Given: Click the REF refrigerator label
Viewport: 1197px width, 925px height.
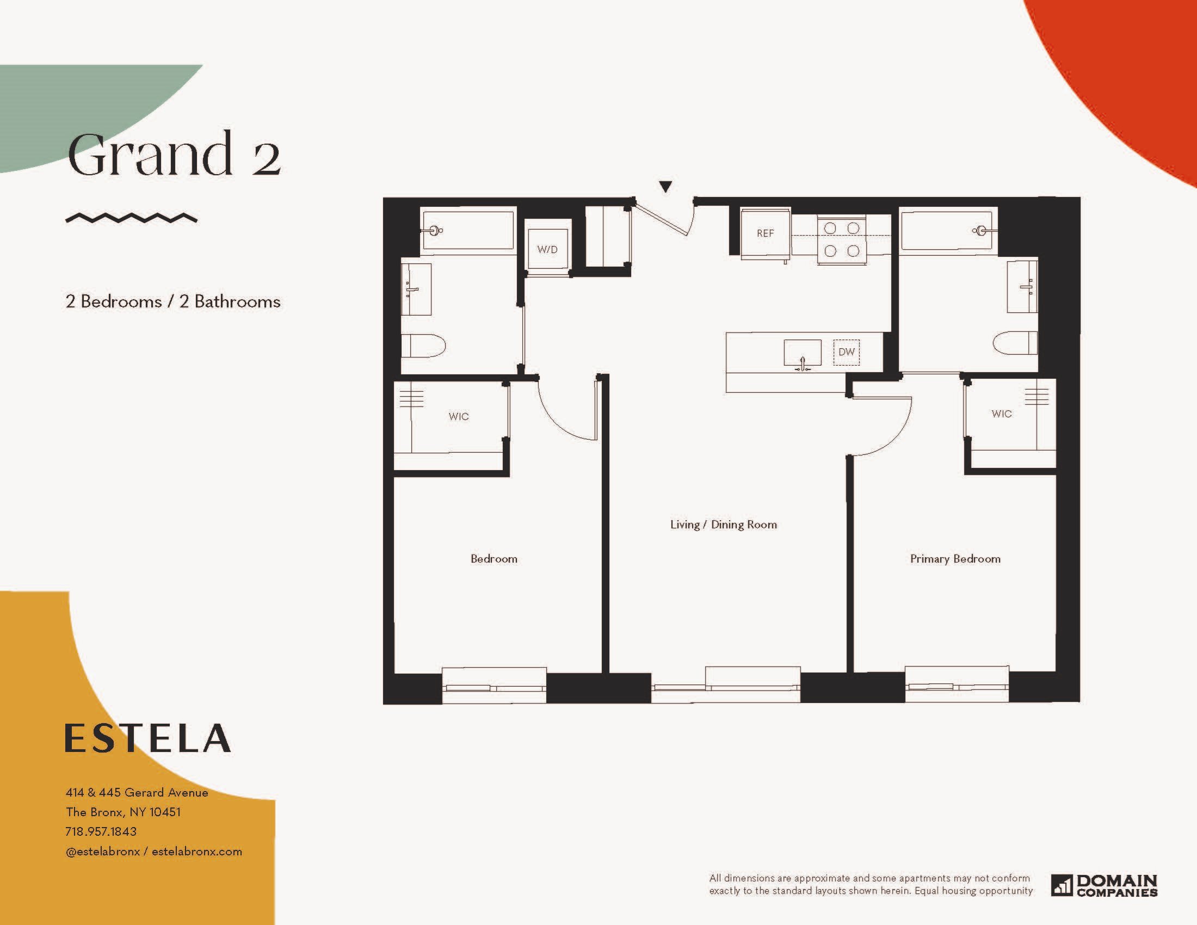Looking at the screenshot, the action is point(765,233).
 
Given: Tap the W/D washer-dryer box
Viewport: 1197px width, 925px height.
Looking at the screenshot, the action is point(547,249).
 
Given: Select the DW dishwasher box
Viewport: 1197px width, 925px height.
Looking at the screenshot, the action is point(846,352).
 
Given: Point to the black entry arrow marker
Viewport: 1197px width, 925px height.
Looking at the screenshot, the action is point(665,187).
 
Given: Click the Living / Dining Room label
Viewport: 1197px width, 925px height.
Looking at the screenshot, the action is point(724,525).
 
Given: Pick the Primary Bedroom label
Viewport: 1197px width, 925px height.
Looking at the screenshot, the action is point(955,559).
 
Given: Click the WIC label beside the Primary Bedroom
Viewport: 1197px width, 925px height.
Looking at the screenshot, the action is point(1001,414).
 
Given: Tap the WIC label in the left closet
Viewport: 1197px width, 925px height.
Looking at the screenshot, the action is point(459,416).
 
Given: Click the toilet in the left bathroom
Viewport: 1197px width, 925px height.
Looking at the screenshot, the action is point(423,346).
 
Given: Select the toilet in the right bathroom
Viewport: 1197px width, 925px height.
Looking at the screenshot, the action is point(1015,343).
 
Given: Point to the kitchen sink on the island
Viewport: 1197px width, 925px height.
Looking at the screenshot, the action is point(803,354).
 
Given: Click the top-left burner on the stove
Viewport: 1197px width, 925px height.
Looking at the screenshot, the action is point(830,228).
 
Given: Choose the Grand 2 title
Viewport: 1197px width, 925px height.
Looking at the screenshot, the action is point(174,154).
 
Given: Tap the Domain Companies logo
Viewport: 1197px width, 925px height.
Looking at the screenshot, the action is point(1104,885).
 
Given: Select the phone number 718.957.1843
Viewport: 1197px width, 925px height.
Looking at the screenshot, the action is point(101,831).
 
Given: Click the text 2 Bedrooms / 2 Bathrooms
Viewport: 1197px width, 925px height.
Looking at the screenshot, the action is point(173,301).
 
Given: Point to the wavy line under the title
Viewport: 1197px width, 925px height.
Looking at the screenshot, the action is point(131,218).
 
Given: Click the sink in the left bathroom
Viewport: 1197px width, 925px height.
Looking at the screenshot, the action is point(416,289).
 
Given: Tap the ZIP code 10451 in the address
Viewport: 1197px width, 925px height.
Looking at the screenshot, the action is point(165,812).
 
